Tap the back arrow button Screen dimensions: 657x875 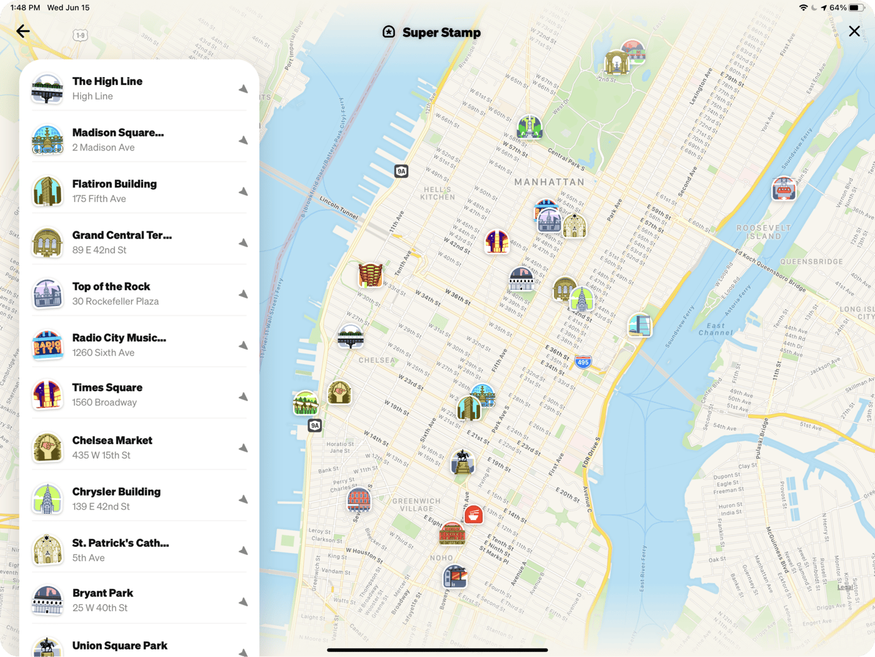tap(23, 31)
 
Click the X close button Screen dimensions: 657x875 tap(854, 31)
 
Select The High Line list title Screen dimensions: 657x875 tap(107, 81)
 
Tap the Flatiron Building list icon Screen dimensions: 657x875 tap(47, 191)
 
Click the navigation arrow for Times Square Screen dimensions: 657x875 tap(243, 397)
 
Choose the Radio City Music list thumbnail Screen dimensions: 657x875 tap(47, 345)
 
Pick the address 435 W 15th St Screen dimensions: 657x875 tap(101, 456)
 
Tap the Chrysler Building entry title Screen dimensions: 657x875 tap(116, 492)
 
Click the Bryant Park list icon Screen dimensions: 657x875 tap(47, 601)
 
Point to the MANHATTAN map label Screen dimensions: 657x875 tap(549, 182)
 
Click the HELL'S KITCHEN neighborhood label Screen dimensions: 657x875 tap(437, 193)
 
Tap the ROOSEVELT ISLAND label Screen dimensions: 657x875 tap(764, 232)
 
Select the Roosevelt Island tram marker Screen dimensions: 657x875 tap(784, 188)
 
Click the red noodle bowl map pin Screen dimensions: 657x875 tap(474, 515)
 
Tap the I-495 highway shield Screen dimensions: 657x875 tap(582, 362)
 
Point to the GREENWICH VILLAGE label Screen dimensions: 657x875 tap(417, 505)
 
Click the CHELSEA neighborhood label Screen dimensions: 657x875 tap(376, 360)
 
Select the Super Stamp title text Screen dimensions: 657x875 tap(441, 33)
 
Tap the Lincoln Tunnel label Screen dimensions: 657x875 tap(339, 208)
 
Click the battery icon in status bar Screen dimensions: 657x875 tap(856, 8)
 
